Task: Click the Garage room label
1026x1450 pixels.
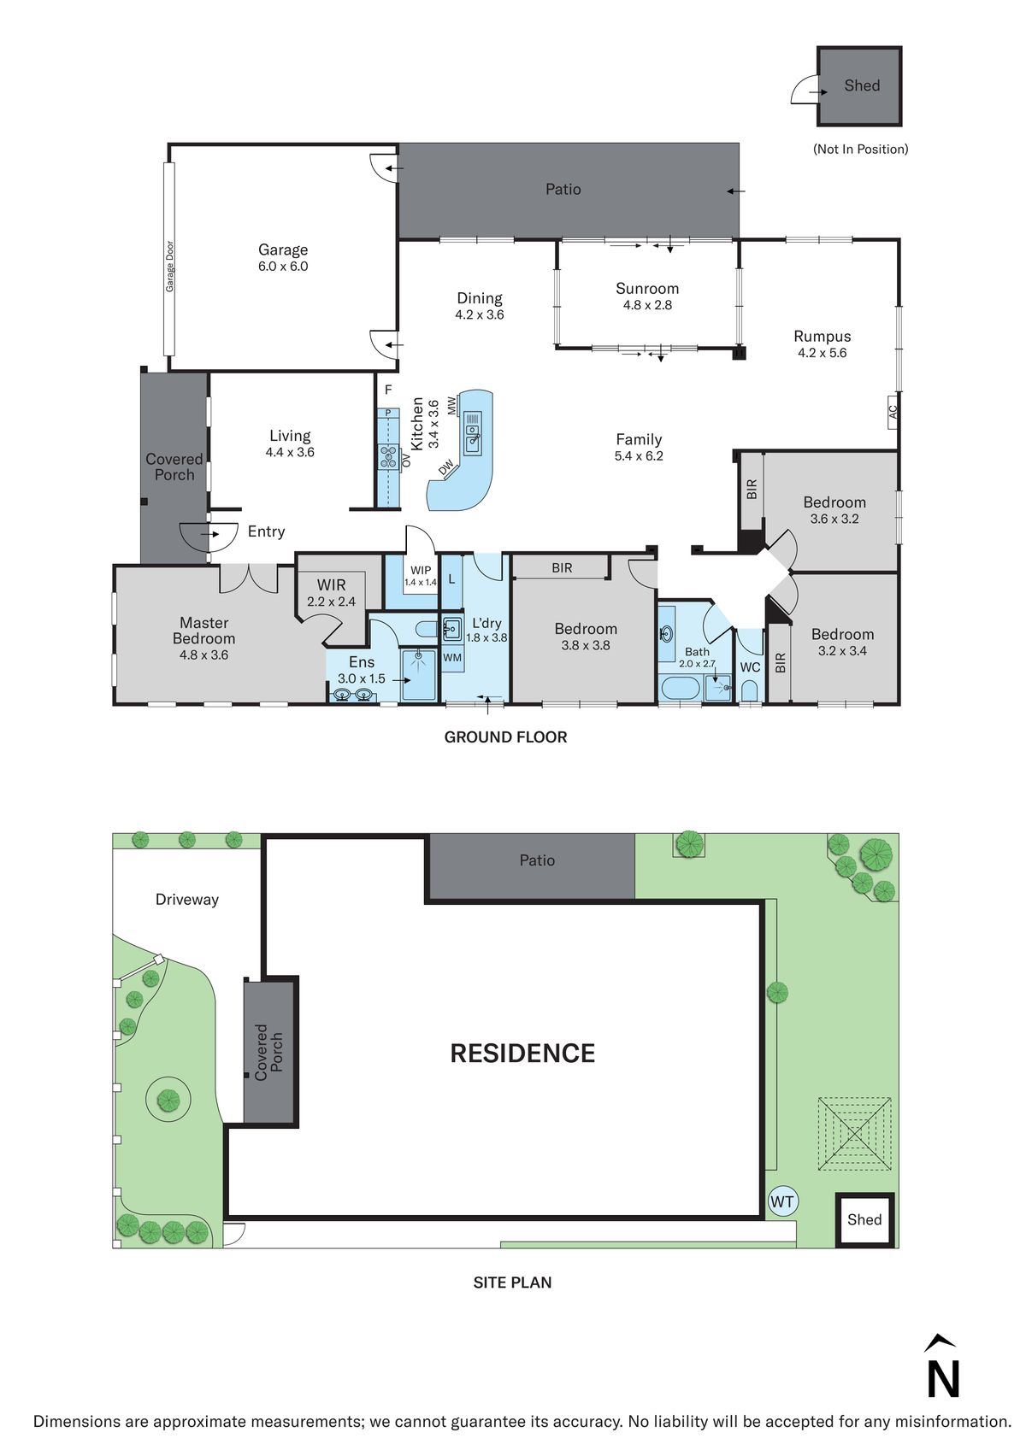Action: pyautogui.click(x=283, y=249)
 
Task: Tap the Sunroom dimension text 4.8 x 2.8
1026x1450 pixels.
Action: pyautogui.click(x=647, y=305)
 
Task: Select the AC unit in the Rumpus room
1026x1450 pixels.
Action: pyautogui.click(x=892, y=413)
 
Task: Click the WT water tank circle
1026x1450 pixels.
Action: pyautogui.click(x=782, y=1201)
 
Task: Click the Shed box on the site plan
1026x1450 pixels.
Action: pyautogui.click(x=864, y=1219)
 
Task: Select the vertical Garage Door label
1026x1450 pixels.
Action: pyautogui.click(x=169, y=266)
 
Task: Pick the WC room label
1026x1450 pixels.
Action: pyautogui.click(x=750, y=667)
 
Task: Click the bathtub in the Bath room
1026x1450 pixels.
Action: pyautogui.click(x=680, y=688)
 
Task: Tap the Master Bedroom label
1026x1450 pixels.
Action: pyautogui.click(x=203, y=631)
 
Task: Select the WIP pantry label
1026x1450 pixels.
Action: pyautogui.click(x=421, y=570)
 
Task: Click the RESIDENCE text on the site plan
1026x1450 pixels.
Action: pyautogui.click(x=522, y=1053)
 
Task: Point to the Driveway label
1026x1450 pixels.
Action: pyautogui.click(x=186, y=899)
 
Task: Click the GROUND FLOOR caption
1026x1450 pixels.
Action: pyautogui.click(x=505, y=737)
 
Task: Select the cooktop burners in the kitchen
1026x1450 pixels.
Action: pyautogui.click(x=388, y=457)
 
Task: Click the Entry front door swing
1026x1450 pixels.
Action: pyautogui.click(x=209, y=536)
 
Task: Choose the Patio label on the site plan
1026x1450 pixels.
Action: pyautogui.click(x=537, y=860)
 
